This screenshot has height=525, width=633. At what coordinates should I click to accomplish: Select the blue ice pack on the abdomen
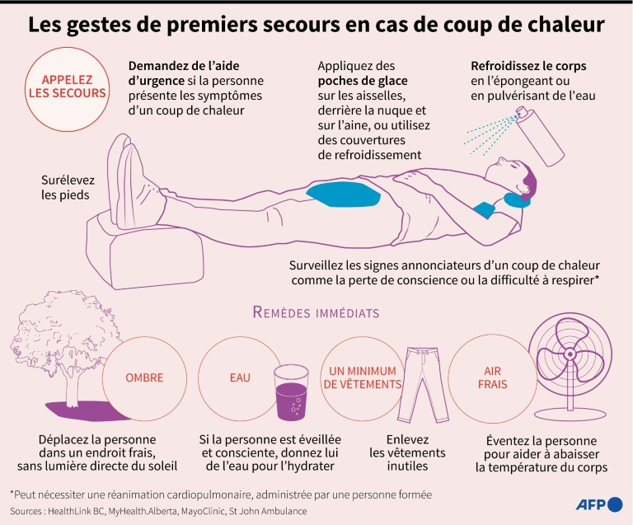(x=341, y=194)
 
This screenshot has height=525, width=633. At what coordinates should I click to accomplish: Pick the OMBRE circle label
(x=144, y=378)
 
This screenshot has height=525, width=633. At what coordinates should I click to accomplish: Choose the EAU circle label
(x=240, y=378)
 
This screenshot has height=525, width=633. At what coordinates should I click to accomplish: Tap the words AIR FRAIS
(x=493, y=377)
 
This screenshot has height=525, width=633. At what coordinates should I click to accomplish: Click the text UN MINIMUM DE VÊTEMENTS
(x=363, y=377)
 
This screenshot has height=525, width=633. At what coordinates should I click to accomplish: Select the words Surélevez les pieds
(x=65, y=187)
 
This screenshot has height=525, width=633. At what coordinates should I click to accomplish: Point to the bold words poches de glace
(x=362, y=81)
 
